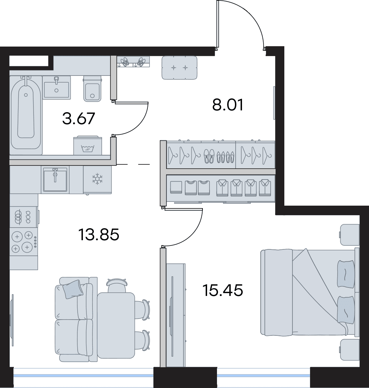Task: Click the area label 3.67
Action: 79,119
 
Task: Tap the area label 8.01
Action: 228,105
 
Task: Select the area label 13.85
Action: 99,235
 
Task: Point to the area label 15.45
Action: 223,290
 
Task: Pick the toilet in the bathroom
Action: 92,89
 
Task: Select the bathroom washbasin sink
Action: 56,87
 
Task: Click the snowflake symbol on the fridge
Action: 97,179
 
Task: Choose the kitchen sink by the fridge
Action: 55,180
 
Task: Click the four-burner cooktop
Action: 24,242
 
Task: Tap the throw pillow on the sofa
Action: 73,289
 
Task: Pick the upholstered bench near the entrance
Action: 180,68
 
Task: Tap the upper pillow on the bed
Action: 346,273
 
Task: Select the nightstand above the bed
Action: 350,235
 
